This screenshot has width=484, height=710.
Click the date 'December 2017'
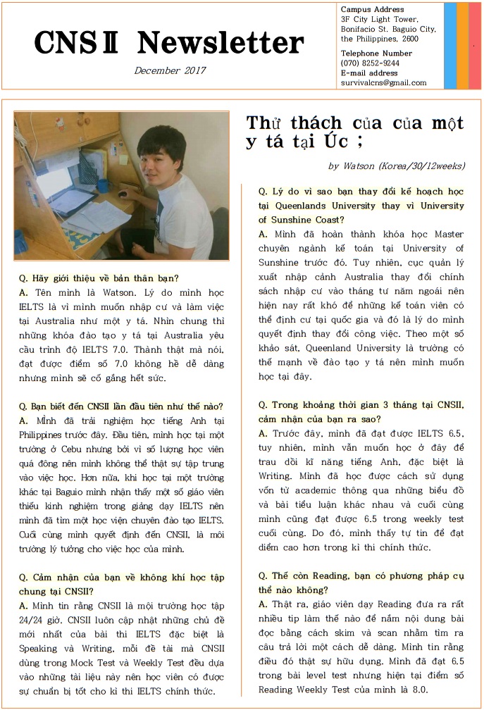coord(169,70)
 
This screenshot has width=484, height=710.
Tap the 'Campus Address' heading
coord(373,9)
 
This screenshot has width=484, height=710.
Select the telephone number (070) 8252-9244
coord(370,63)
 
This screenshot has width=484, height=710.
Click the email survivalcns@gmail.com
coord(383,82)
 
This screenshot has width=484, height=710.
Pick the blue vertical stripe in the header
coord(449,46)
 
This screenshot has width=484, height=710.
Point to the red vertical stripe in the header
coord(475,46)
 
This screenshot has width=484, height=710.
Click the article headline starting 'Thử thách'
coord(354,132)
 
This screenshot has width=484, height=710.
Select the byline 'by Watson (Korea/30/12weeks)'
coord(396,166)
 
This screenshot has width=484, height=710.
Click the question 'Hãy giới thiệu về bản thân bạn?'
coord(99,278)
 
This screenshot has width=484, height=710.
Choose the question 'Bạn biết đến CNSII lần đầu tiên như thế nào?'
coord(121,406)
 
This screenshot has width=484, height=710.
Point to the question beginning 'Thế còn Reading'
coord(361,583)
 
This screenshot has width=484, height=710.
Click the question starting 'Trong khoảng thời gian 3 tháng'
coord(361,411)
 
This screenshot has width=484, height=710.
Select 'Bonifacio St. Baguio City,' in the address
coord(388,29)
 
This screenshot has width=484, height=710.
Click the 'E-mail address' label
coord(369,73)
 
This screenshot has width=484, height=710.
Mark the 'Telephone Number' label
coord(376,54)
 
